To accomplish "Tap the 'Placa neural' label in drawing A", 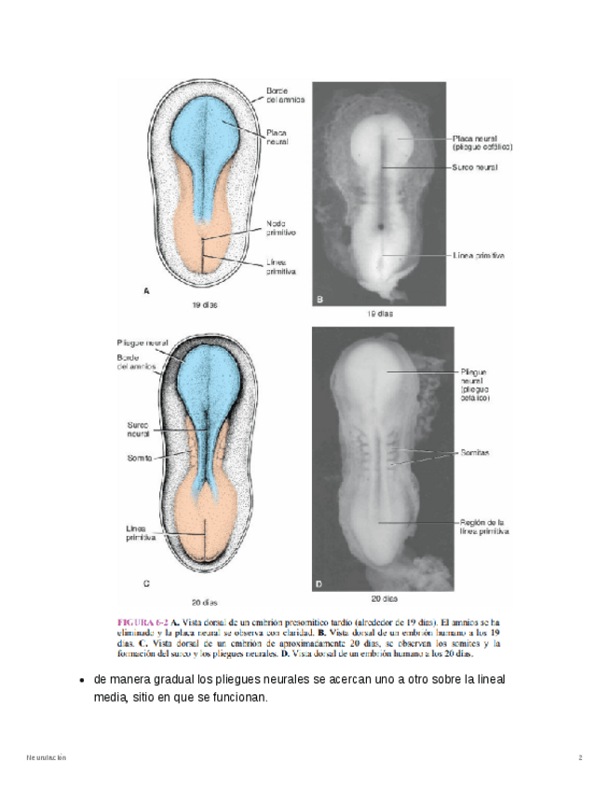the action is click(277, 137).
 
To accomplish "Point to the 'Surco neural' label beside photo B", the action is click(475, 167).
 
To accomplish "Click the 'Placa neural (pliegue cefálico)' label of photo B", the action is click(482, 142).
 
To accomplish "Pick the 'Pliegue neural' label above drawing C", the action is click(142, 342).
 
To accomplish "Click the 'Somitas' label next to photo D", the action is click(476, 453).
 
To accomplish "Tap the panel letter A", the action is click(146, 291).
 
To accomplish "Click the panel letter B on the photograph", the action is click(319, 299).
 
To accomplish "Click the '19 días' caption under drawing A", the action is click(206, 304).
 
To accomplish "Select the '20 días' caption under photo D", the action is click(384, 598).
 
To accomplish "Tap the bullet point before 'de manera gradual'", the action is click(84, 680).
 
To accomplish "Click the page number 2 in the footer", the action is click(579, 758).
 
